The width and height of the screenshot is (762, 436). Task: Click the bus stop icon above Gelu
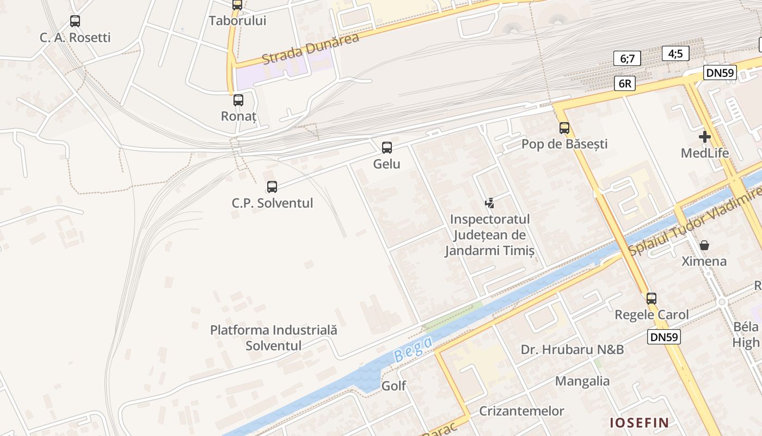click(387, 147)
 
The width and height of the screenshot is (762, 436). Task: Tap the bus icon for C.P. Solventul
click(272, 187)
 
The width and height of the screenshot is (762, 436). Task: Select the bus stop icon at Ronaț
click(238, 100)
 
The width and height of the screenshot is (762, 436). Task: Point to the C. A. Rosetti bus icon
click(75, 21)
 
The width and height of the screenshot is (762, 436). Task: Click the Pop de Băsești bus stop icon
click(564, 128)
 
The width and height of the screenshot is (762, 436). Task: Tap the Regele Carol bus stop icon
click(652, 299)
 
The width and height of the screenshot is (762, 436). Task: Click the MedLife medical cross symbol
click(705, 137)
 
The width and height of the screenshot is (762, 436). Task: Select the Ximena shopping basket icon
click(704, 245)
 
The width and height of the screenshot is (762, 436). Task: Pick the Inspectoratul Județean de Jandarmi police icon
click(489, 203)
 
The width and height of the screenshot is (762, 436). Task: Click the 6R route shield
click(625, 83)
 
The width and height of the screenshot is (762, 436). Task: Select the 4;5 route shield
click(675, 53)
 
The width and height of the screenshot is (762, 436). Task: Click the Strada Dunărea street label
click(311, 49)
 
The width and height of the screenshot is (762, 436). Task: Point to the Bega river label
click(413, 349)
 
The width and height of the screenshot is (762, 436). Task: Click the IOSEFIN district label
click(639, 422)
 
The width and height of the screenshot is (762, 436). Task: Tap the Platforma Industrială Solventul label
click(274, 337)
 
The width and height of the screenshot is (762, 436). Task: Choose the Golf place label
click(394, 386)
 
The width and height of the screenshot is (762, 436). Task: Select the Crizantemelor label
click(521, 411)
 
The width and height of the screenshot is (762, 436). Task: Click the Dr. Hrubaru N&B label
click(572, 349)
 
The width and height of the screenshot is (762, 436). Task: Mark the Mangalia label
click(582, 381)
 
